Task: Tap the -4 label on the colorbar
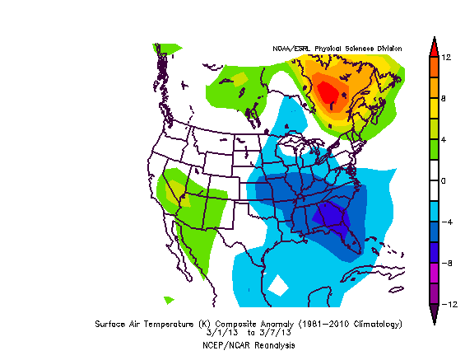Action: [x=444, y=222]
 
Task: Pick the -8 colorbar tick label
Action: [x=444, y=263]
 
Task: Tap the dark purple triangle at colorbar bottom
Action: [x=433, y=314]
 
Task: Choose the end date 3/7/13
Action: [x=265, y=334]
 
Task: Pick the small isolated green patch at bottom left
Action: [x=169, y=300]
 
